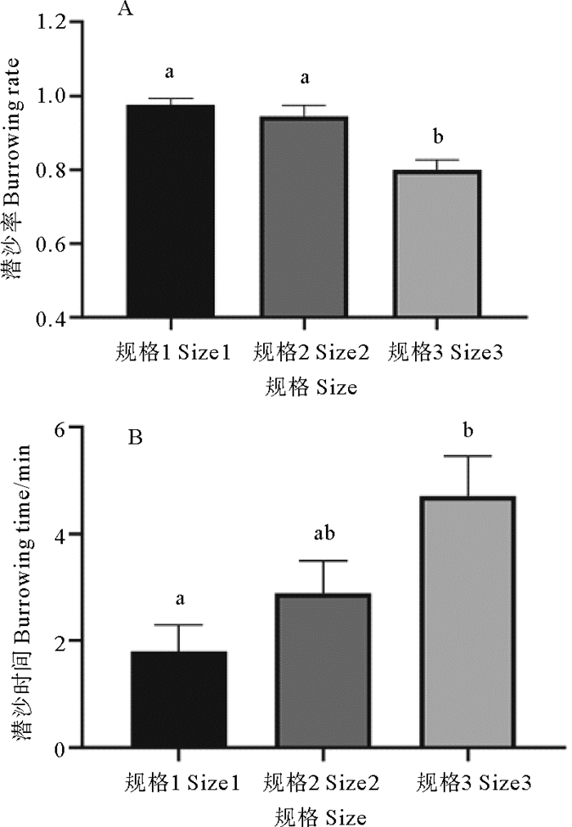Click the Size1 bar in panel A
[x=170, y=210]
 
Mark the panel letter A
[x=126, y=10]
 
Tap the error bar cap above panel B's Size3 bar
[x=467, y=456]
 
